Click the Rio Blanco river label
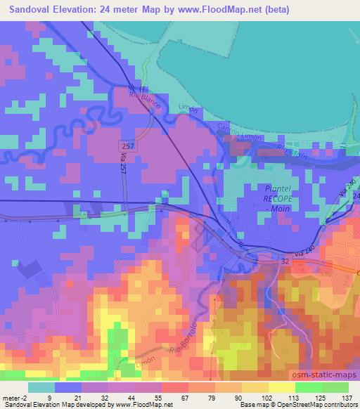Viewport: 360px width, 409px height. pyautogui.click(x=145, y=99)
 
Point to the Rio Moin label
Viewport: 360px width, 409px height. pyautogui.click(x=288, y=150)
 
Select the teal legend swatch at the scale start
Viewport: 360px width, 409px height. pyautogui.click(x=41, y=387)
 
